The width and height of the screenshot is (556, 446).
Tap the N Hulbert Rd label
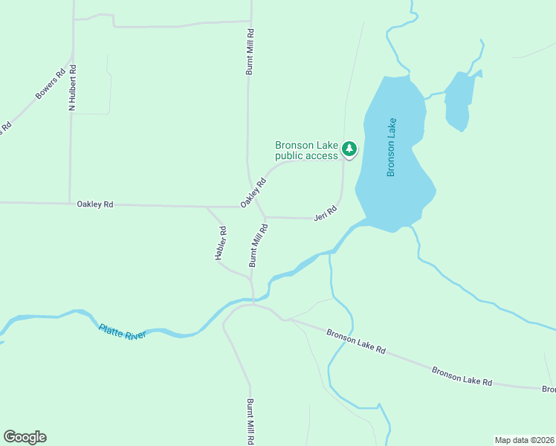pos(73,88)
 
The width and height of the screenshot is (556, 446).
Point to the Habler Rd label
pos(221,243)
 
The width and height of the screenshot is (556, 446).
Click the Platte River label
pos(123,331)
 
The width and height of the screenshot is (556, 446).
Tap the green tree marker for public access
pos(349,149)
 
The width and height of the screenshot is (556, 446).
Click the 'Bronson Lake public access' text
pos(306,150)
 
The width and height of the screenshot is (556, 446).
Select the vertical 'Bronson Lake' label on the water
pos(391,147)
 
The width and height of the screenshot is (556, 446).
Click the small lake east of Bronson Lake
pos(458,100)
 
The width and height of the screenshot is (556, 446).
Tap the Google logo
pos(25,437)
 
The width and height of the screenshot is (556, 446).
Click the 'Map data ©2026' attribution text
pos(524,440)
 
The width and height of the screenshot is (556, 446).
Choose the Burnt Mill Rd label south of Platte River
pos(250,421)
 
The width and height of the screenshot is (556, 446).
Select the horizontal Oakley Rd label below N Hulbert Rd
pos(95,204)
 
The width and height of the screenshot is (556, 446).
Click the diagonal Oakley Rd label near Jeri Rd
pos(253,193)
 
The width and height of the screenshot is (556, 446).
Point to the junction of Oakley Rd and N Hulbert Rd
pos(70,202)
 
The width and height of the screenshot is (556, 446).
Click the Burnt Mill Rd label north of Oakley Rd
pos(250,52)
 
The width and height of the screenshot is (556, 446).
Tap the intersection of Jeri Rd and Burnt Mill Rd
pos(265,218)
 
